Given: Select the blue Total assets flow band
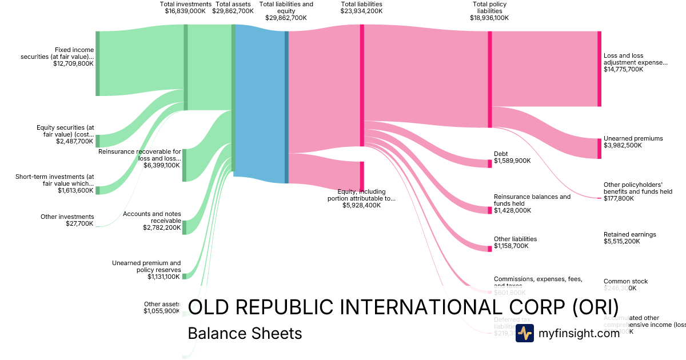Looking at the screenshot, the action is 260,106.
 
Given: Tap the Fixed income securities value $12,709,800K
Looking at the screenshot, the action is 73,64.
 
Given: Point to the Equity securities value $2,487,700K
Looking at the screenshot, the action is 74,141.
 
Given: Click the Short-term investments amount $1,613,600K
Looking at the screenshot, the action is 75,190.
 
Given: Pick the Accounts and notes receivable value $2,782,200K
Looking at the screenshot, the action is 162,227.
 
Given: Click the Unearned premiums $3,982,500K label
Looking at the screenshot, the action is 633,142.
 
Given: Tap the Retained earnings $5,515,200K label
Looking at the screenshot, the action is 629,238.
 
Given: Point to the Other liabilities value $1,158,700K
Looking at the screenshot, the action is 511,246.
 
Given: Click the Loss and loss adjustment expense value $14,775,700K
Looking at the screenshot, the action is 623,69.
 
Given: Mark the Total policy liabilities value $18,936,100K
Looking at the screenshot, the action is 489,18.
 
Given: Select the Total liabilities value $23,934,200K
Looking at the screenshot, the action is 361,11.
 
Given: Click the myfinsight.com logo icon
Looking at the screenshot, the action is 524,333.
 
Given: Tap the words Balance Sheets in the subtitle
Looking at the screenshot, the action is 245,333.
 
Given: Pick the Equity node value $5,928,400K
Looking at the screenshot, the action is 361,205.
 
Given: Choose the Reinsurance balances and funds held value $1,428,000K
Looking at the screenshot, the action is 512,210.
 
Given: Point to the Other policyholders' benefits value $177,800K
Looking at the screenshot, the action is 619,198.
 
